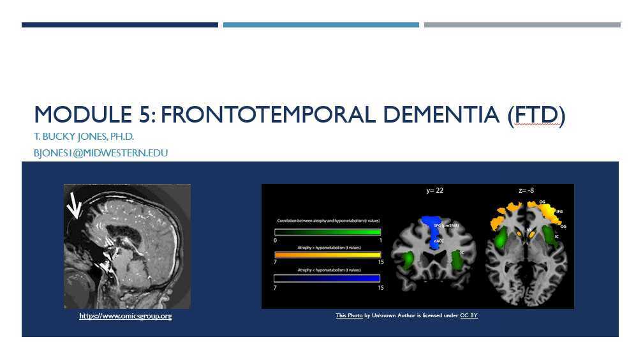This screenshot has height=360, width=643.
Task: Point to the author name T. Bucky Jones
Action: click(x=84, y=137)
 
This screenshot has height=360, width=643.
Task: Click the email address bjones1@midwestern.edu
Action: click(x=101, y=153)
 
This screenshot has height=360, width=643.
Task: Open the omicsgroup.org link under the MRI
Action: click(x=125, y=316)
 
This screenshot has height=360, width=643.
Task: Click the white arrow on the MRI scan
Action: click(x=75, y=207)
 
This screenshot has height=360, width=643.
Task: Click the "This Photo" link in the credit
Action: click(x=349, y=315)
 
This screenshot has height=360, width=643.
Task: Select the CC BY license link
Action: click(x=468, y=315)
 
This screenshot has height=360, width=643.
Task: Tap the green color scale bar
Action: click(x=327, y=232)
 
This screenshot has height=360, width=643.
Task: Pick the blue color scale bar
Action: click(x=327, y=278)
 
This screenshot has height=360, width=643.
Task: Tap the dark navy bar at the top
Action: click(x=120, y=25)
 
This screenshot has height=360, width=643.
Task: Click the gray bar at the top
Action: click(x=522, y=25)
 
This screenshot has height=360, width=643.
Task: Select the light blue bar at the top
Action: click(x=321, y=25)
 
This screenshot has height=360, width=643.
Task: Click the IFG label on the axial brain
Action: click(x=559, y=211)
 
